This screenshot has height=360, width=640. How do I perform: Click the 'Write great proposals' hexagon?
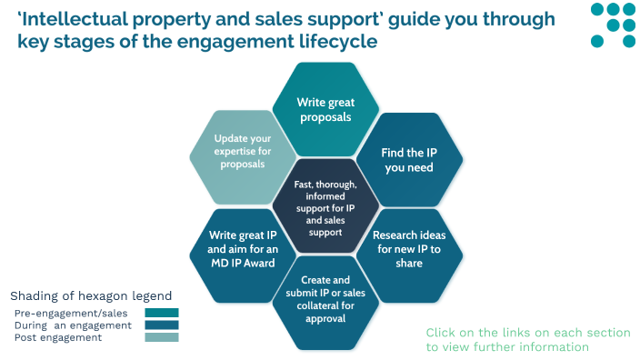click(325, 109)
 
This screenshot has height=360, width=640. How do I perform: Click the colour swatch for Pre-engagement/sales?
click(161, 313)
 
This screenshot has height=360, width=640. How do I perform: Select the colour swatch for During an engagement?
click(161, 325)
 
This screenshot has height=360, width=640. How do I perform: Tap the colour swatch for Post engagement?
click(161, 337)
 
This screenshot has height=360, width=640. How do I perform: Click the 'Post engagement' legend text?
click(58, 337)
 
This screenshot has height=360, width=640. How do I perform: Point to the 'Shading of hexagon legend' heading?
click(90, 296)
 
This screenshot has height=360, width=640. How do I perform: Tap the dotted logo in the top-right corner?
click(613, 25)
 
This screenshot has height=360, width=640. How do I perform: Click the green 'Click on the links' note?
click(527, 339)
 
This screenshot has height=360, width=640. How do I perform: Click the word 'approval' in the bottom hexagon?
click(325, 318)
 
